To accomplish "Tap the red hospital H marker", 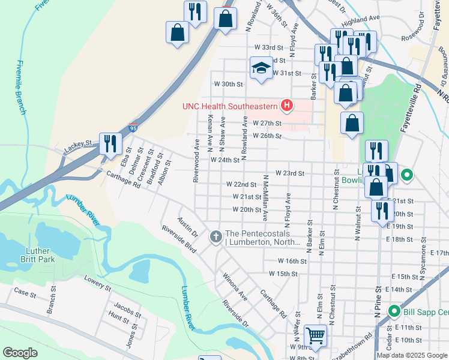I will (287, 106).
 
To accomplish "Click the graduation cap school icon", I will (261, 67).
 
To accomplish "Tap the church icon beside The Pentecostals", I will (215, 238).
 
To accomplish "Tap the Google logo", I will (20, 353).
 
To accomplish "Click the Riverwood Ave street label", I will (196, 161).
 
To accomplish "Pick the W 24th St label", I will (225, 160).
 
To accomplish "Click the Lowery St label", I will (98, 284).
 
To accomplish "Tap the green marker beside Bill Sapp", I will (394, 312).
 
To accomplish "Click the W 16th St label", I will (292, 262).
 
